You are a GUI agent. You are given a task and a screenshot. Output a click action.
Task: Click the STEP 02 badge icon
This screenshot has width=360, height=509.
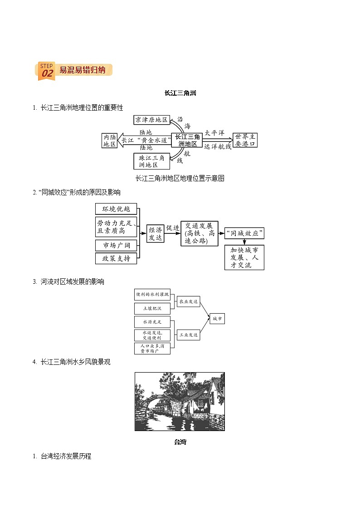pos(46,71)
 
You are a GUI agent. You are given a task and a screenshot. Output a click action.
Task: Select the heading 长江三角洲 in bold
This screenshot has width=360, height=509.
pos(180,93)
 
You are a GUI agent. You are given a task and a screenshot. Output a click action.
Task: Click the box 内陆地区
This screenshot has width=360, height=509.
pos(109,141)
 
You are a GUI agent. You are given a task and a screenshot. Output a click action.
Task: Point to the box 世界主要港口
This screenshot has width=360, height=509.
pos(245,140)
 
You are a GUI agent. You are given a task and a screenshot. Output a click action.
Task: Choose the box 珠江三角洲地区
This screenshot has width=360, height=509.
pos(152,161)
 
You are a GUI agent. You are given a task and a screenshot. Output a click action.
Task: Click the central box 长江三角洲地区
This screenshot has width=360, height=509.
pos(187,140)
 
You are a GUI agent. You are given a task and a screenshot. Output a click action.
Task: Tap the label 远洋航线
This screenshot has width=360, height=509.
pos(218,146)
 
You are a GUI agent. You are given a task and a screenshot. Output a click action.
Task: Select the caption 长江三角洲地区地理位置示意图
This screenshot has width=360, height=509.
pos(180,178)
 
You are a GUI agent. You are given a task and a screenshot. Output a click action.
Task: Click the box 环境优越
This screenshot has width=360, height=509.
pos(116,209)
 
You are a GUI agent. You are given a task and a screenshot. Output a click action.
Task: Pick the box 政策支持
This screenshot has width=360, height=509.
pos(116,258)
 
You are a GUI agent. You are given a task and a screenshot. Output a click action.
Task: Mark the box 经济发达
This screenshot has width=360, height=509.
pos(155,233)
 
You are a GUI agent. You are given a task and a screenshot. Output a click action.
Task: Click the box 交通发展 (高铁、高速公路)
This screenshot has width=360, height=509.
pos(199,233)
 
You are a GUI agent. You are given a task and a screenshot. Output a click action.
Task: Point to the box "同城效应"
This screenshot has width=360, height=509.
pos(245,234)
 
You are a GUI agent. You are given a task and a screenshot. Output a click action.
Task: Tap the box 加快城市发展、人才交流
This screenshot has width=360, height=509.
pos(244,257)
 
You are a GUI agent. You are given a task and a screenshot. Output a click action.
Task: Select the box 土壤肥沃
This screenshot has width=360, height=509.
pos(152,308)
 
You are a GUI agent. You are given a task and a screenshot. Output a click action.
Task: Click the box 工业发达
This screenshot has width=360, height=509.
pos(188,335)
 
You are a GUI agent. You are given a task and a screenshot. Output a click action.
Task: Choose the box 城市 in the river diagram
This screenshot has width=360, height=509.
pos(217,319)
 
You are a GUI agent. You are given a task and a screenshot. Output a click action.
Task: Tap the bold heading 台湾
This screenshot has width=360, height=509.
pos(180,442)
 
